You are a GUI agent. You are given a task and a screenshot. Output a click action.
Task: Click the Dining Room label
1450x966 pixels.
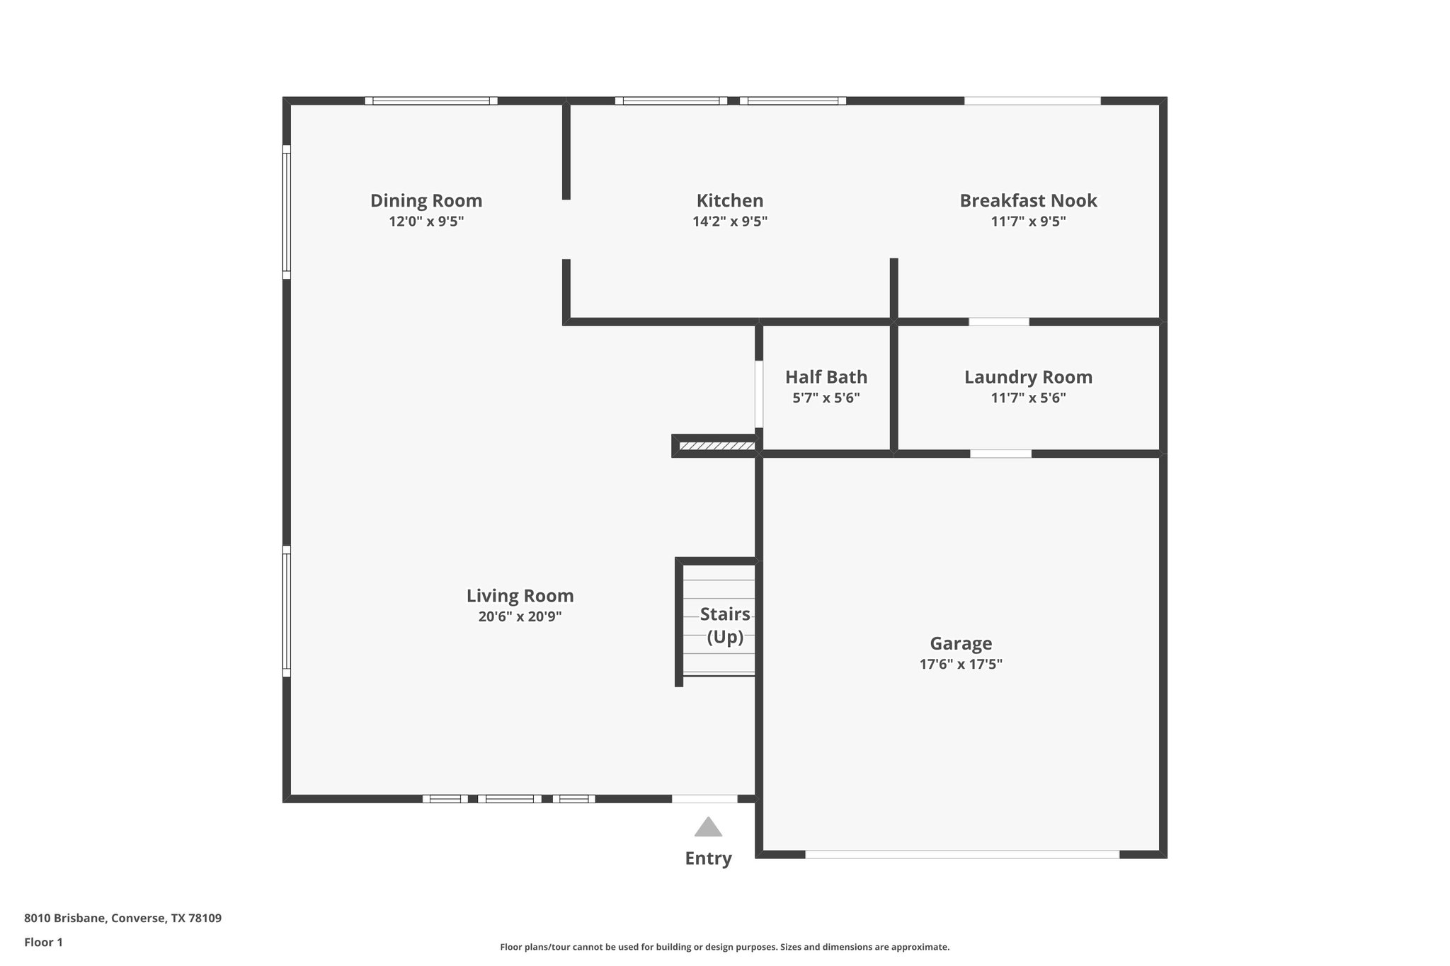[426, 200]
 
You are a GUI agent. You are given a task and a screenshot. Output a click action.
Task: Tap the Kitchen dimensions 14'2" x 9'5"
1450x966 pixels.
[729, 222]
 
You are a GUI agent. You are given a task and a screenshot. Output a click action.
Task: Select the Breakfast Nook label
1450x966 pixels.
[1028, 200]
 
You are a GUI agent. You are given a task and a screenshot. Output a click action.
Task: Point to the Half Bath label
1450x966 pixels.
[826, 376]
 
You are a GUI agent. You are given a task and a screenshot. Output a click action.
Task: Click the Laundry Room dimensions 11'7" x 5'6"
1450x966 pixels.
[1028, 398]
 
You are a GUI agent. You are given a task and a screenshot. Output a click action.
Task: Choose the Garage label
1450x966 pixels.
[961, 643]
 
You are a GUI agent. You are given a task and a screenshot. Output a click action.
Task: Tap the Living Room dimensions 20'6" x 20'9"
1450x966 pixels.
[520, 616]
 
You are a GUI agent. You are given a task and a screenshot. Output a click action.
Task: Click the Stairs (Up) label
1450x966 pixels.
[725, 625]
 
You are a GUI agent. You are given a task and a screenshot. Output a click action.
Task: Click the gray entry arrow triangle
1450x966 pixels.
[708, 827]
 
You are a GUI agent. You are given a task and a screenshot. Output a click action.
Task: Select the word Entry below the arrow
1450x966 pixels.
[708, 858]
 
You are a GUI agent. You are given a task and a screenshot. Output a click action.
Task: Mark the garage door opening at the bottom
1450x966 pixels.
[962, 854]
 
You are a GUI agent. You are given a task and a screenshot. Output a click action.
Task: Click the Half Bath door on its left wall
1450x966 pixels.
[758, 394]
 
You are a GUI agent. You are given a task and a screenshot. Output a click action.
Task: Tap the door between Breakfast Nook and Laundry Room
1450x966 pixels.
[998, 322]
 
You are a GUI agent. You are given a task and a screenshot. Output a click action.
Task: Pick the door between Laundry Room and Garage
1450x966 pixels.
[1000, 454]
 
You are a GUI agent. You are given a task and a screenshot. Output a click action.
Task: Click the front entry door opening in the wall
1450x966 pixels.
[704, 799]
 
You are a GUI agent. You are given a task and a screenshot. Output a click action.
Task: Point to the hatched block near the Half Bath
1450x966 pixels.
[717, 446]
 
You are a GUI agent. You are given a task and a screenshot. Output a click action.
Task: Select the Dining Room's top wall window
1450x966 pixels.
[431, 100]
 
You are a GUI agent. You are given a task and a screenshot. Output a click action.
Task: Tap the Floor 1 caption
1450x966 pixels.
[43, 942]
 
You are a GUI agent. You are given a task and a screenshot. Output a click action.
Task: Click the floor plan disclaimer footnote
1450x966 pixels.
[724, 947]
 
